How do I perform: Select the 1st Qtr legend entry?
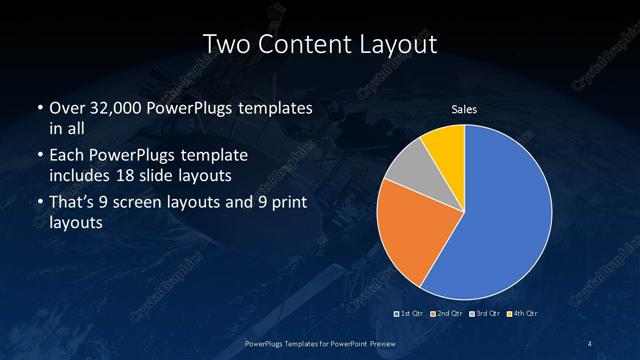(x=410, y=314)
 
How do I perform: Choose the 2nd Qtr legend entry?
(x=448, y=314)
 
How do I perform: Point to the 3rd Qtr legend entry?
(x=486, y=314)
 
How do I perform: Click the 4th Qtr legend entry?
(x=523, y=314)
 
